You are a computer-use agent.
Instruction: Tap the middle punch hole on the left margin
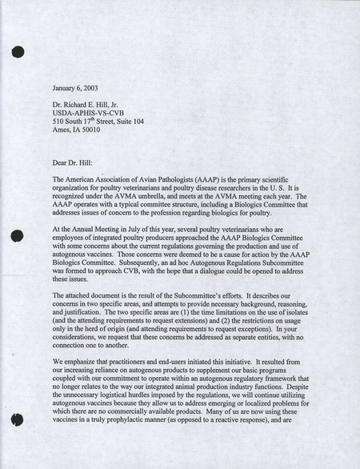coord(17,236)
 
